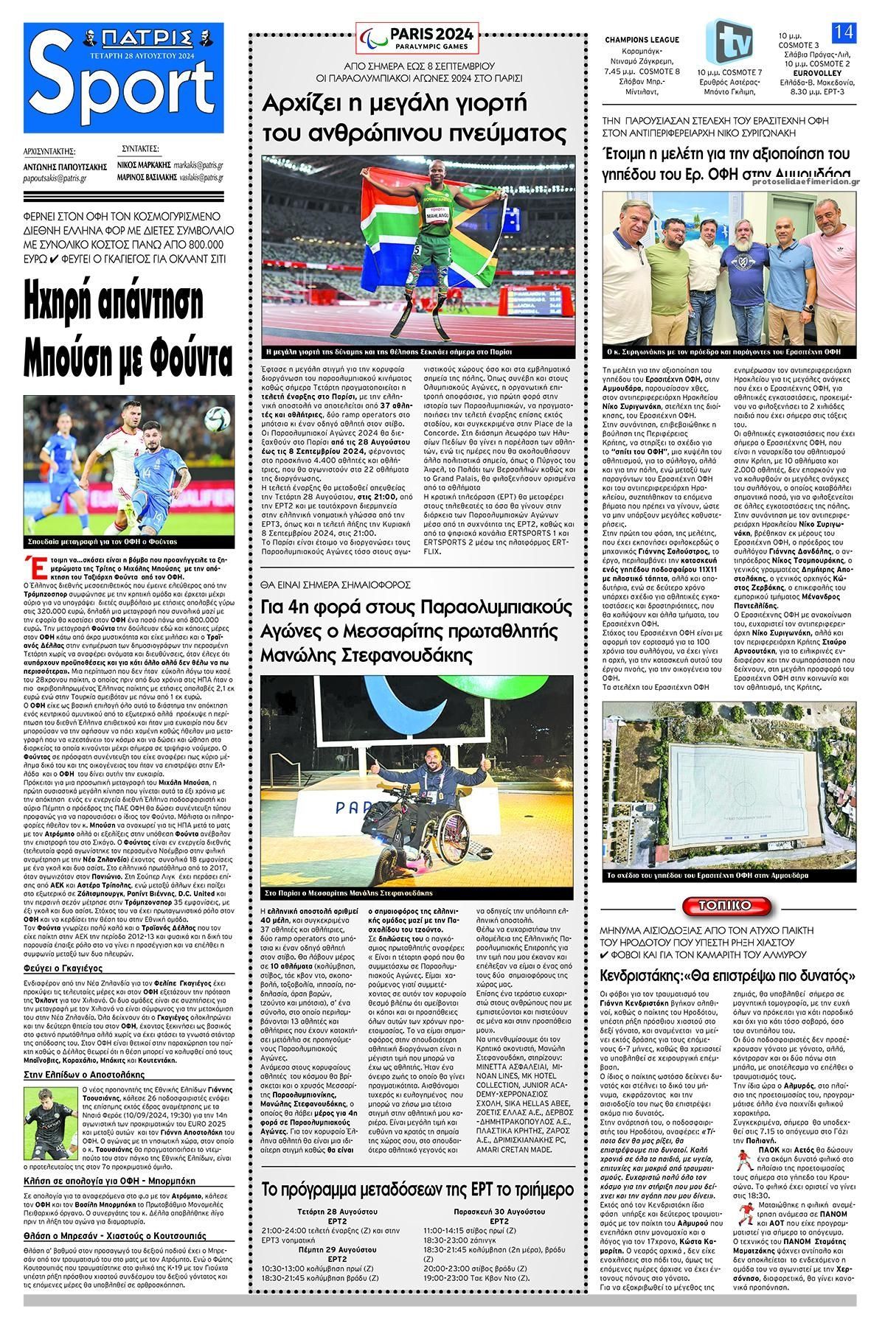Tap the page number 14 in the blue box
pos(842,32)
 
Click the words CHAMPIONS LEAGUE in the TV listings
pos(642,40)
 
